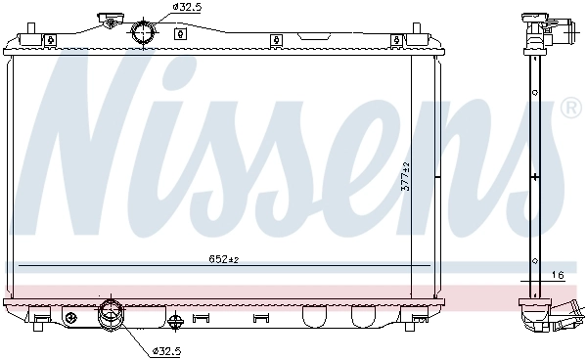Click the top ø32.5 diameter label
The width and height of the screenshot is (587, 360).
point(188,7)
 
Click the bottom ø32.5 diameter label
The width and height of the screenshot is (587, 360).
point(168,349)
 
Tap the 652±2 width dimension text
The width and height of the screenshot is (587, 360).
point(223,259)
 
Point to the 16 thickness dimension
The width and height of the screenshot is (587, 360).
point(557,276)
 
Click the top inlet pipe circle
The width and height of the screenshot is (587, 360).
point(144,32)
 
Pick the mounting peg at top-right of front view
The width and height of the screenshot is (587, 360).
point(396,39)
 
